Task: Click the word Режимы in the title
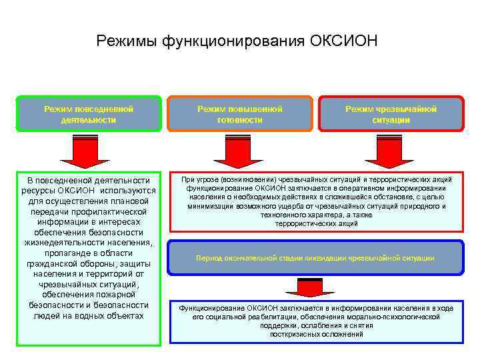click(127, 41)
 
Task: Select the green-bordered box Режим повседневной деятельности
click(89, 114)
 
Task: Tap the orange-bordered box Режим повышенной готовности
click(239, 114)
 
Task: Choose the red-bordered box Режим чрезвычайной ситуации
click(391, 114)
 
